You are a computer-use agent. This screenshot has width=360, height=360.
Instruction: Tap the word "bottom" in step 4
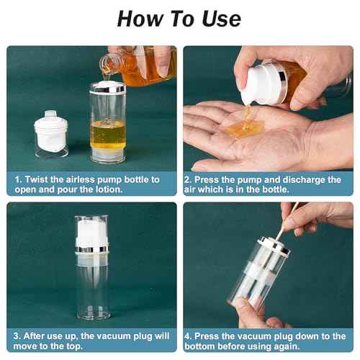(x=206, y=347)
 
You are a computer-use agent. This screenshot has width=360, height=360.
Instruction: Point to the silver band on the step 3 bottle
(x=91, y=250)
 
